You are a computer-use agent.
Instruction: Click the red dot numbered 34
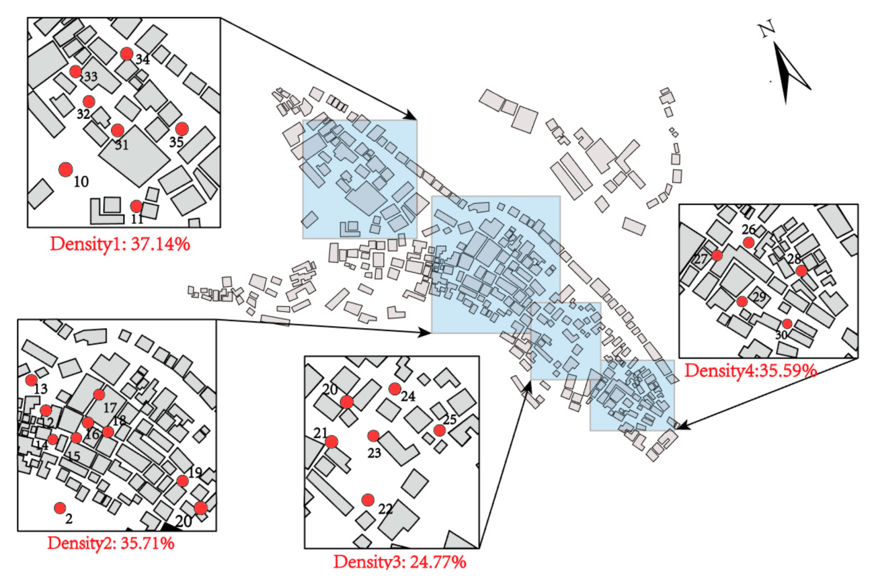point(127,53)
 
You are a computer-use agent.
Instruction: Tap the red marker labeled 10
point(66,169)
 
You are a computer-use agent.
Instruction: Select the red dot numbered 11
point(136,206)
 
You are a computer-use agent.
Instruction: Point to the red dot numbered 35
point(182,128)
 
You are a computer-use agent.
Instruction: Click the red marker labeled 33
point(75,71)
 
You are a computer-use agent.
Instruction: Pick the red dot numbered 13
point(31,380)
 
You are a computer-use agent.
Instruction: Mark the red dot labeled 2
point(60,508)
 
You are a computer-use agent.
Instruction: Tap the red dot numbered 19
point(182,480)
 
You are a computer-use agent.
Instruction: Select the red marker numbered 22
point(367,499)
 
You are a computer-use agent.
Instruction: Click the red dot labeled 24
point(394,389)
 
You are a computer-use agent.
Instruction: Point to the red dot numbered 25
point(439,430)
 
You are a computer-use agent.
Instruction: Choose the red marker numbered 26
point(749,242)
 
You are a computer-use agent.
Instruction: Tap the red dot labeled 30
point(787,324)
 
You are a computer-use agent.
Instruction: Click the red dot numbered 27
point(717,255)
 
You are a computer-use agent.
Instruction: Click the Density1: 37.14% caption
point(120,244)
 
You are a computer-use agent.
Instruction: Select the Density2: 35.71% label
point(111,542)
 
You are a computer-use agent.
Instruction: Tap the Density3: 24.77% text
point(400,561)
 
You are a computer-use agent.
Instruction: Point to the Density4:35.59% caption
point(750,370)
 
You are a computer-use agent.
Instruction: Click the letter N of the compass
point(767,29)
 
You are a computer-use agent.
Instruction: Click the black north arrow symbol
point(788,72)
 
